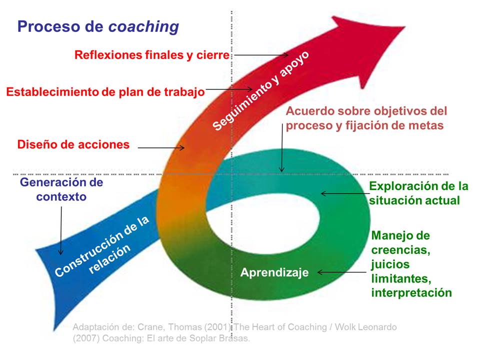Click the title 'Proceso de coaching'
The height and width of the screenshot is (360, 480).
(98, 26)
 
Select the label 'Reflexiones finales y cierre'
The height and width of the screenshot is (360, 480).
(151, 54)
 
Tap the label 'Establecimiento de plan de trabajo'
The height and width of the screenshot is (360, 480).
(105, 92)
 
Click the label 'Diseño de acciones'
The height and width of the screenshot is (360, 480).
(73, 145)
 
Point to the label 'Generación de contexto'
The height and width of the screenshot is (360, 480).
(61, 189)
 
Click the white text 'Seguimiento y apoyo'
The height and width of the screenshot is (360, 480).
(261, 91)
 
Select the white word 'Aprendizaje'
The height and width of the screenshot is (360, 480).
(274, 272)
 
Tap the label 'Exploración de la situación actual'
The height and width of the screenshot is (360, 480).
(418, 193)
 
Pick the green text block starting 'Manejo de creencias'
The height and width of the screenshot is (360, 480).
(411, 263)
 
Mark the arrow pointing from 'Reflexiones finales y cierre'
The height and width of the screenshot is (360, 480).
(260, 55)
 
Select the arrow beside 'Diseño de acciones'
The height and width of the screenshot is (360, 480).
(161, 147)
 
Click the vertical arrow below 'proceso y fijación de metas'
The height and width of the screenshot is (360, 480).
(282, 152)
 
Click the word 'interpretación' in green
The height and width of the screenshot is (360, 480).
(411, 292)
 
